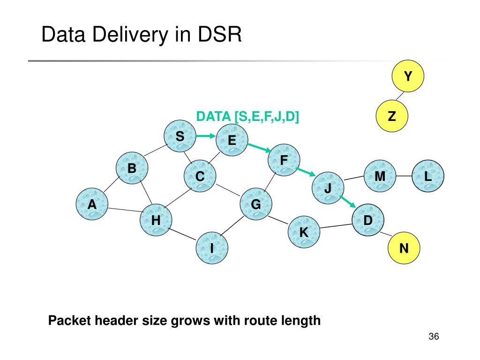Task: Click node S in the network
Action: tap(180, 136)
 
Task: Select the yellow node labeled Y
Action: tap(408, 76)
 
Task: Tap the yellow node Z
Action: tap(392, 116)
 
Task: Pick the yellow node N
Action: tap(404, 248)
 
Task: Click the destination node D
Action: tap(368, 220)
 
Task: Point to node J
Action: tap(328, 188)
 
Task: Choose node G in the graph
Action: tap(256, 204)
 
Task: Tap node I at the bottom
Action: tap(212, 248)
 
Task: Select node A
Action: tap(92, 204)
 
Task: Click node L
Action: tap(428, 176)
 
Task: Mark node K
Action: tap(304, 232)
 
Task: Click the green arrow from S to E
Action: tap(206, 136)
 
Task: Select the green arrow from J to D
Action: tap(348, 202)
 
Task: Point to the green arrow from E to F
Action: tap(260, 148)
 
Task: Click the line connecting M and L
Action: tap(404, 176)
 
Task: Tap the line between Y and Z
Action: tap(400, 96)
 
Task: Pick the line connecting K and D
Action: tap(336, 226)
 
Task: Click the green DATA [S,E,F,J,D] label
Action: tap(247, 117)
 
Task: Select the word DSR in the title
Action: tap(220, 34)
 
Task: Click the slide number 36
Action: tap(434, 337)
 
